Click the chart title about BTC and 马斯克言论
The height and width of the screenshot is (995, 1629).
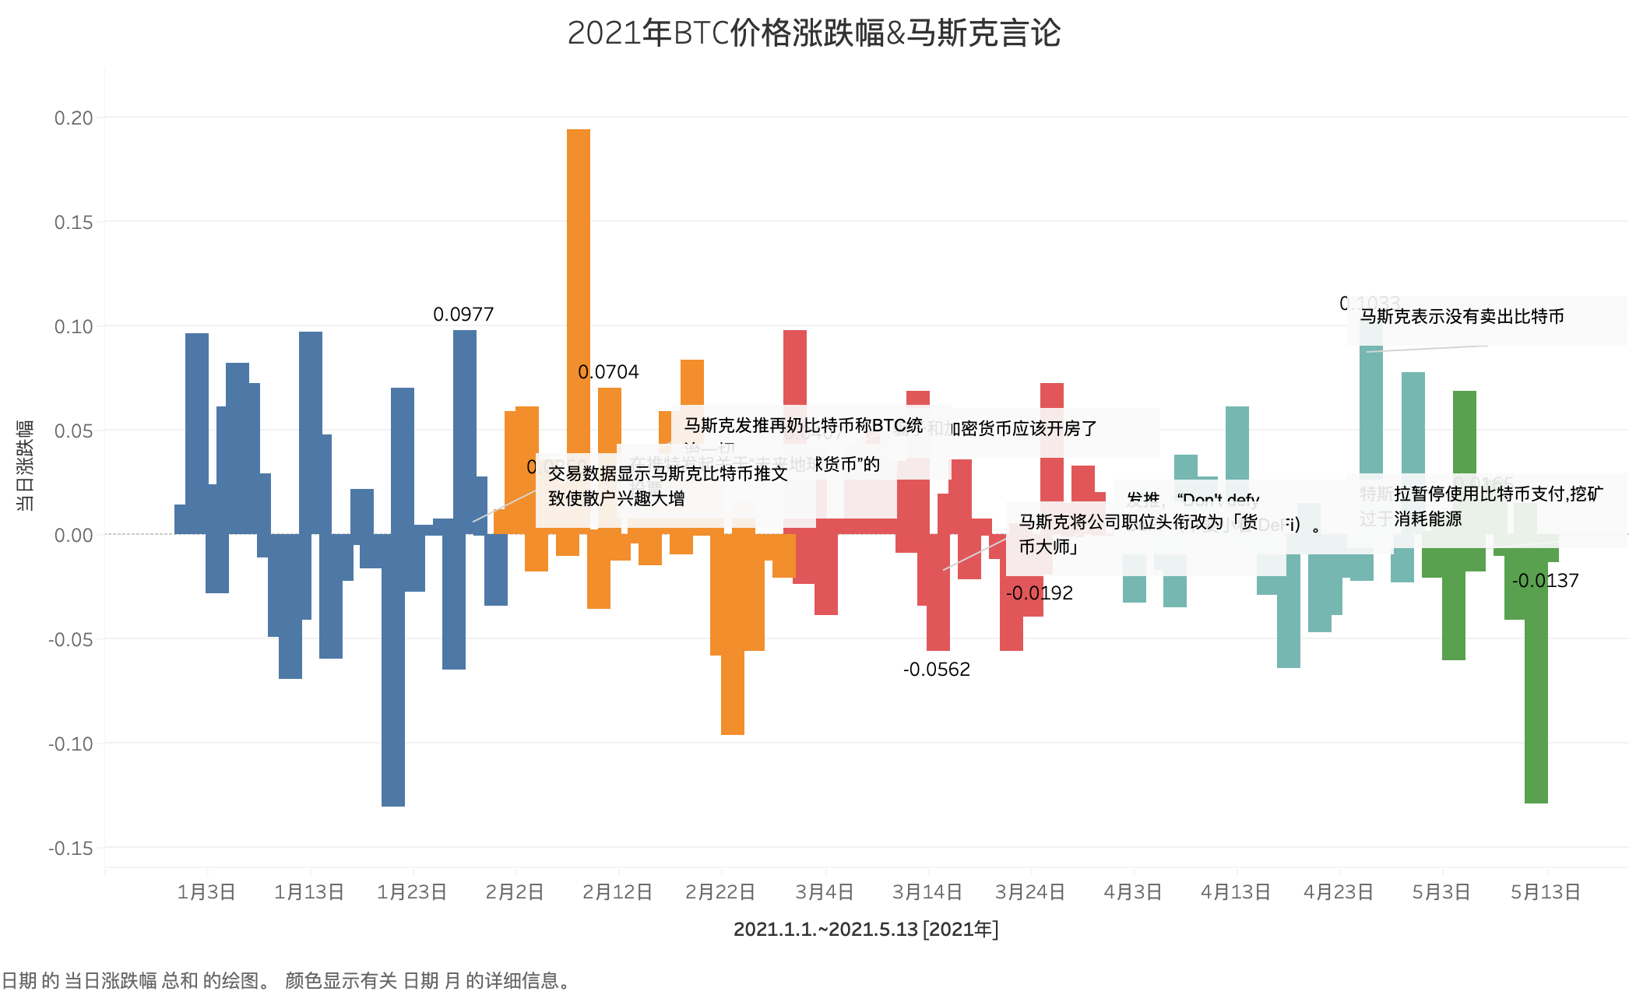(814, 33)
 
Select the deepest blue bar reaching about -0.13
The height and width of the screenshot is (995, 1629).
(393, 701)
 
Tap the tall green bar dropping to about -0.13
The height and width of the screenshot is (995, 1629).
(1536, 701)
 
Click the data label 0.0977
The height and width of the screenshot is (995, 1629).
(463, 315)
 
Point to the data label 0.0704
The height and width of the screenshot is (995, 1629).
(608, 372)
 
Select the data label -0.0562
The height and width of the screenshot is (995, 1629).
(937, 670)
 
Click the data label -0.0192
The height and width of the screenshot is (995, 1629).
(1040, 593)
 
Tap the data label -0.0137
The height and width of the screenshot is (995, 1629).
(1546, 581)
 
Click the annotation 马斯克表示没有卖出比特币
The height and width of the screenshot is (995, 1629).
(1462, 317)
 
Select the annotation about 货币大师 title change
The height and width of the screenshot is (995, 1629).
(1137, 534)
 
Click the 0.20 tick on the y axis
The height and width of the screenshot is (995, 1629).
(73, 118)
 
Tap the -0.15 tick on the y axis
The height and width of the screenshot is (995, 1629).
(71, 849)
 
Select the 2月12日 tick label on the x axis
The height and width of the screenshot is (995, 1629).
(617, 892)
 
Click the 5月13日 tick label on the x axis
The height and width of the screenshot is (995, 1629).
(1546, 892)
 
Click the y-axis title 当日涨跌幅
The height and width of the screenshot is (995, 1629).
(25, 466)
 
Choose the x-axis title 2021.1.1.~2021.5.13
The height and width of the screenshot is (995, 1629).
(865, 930)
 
